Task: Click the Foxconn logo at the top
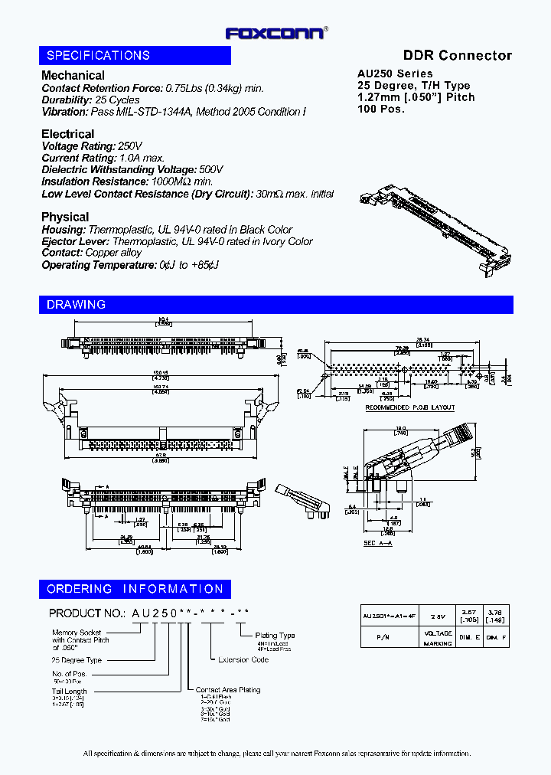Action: pos(276,33)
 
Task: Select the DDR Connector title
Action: pos(457,55)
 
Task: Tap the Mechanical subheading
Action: pos(73,75)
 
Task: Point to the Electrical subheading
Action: pos(67,134)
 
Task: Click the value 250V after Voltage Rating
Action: pos(129,146)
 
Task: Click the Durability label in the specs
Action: pos(67,100)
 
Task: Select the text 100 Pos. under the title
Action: pos(381,109)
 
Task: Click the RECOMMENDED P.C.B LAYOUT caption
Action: pos(409,407)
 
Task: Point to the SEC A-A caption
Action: pos(378,543)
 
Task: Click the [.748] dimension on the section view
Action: pos(400,433)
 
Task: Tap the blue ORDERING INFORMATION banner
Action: pos(135,589)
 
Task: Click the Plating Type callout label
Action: pos(275,636)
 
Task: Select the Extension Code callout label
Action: pos(243,659)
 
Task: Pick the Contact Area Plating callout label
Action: pos(227,690)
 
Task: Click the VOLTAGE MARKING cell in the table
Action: pos(438,639)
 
